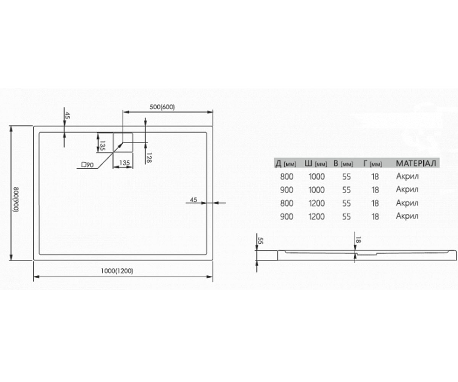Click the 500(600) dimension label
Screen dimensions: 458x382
pos(162,107)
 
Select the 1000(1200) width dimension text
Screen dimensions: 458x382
pos(117,271)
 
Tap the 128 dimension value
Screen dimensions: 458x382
pos(149,158)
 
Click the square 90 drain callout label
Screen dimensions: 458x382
pos(87,165)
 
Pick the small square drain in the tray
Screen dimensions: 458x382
pos(123,142)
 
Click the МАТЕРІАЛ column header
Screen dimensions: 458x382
pos(416,163)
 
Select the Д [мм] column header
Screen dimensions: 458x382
pos(286,163)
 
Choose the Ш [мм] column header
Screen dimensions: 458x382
pos(316,163)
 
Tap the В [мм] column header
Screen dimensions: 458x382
pos(343,163)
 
